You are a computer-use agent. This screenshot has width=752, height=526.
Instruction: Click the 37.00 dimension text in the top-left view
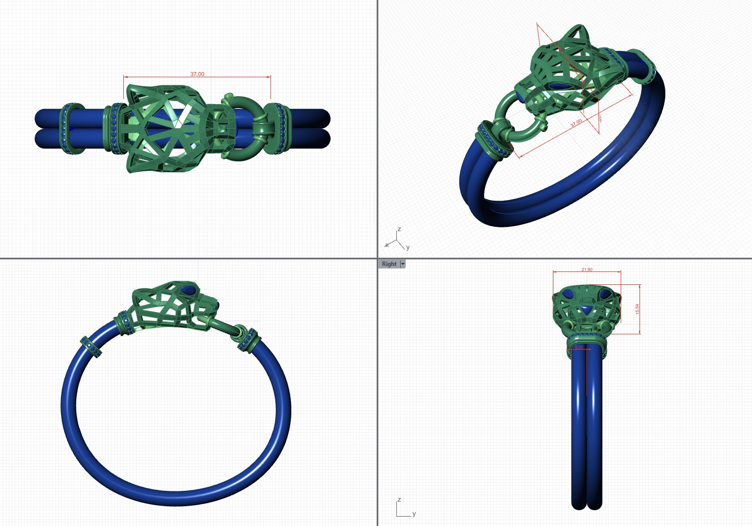pyautogui.click(x=197, y=74)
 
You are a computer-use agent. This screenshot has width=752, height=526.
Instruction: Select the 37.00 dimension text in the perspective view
pyautogui.click(x=576, y=123)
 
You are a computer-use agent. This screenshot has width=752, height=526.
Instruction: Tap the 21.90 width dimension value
pyautogui.click(x=587, y=269)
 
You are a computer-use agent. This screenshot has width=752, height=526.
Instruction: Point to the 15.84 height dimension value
pyautogui.click(x=638, y=309)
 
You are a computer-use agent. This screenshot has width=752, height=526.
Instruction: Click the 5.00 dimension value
pyautogui.click(x=579, y=347)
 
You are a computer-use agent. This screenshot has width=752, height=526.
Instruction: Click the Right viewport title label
pyautogui.click(x=389, y=264)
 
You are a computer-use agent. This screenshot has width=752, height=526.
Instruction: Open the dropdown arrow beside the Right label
pyautogui.click(x=403, y=264)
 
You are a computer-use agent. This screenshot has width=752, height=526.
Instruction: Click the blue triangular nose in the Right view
pyautogui.click(x=587, y=311)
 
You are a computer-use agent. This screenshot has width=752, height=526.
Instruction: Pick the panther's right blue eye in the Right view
pyautogui.click(x=604, y=295)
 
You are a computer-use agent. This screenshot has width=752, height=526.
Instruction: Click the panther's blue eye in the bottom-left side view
pyautogui.click(x=189, y=289)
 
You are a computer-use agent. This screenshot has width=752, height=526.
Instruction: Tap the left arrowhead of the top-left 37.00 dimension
pyautogui.click(x=125, y=77)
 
